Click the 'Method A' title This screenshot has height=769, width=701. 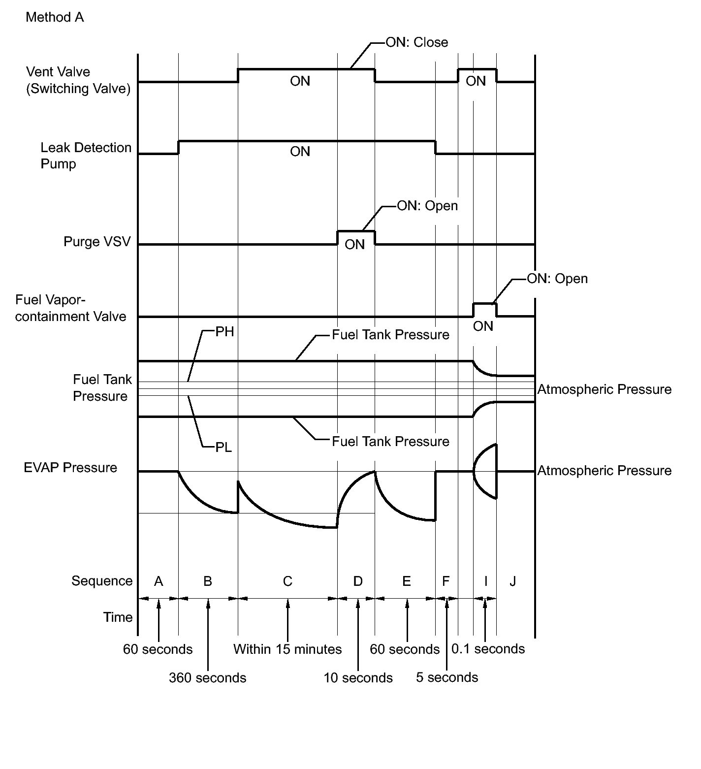click(x=55, y=18)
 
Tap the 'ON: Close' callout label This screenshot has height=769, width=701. click(x=416, y=42)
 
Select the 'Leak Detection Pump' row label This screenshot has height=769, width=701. click(x=86, y=156)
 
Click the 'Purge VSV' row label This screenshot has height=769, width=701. click(x=97, y=242)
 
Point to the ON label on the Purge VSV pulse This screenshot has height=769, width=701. click(x=354, y=244)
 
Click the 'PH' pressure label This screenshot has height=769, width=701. click(x=224, y=332)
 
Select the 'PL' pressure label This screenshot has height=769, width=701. click(x=223, y=448)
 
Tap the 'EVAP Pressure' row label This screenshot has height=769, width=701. click(x=70, y=468)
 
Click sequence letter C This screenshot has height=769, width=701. click(x=287, y=581)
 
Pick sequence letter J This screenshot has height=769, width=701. click(x=512, y=581)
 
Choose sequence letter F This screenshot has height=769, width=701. click(x=446, y=581)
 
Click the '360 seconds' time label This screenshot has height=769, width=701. click(x=207, y=678)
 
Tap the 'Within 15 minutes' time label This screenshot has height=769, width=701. click(x=287, y=649)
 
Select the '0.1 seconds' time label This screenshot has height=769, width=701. click(x=488, y=649)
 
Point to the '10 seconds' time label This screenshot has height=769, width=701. click(x=358, y=678)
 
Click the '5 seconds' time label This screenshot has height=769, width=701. click(x=447, y=677)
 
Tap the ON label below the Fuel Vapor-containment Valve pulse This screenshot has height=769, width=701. click(x=483, y=326)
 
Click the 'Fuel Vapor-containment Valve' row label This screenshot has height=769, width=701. click(x=70, y=308)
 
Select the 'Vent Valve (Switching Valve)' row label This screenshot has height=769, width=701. click(x=78, y=80)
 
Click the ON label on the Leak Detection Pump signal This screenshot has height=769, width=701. click(x=300, y=152)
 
